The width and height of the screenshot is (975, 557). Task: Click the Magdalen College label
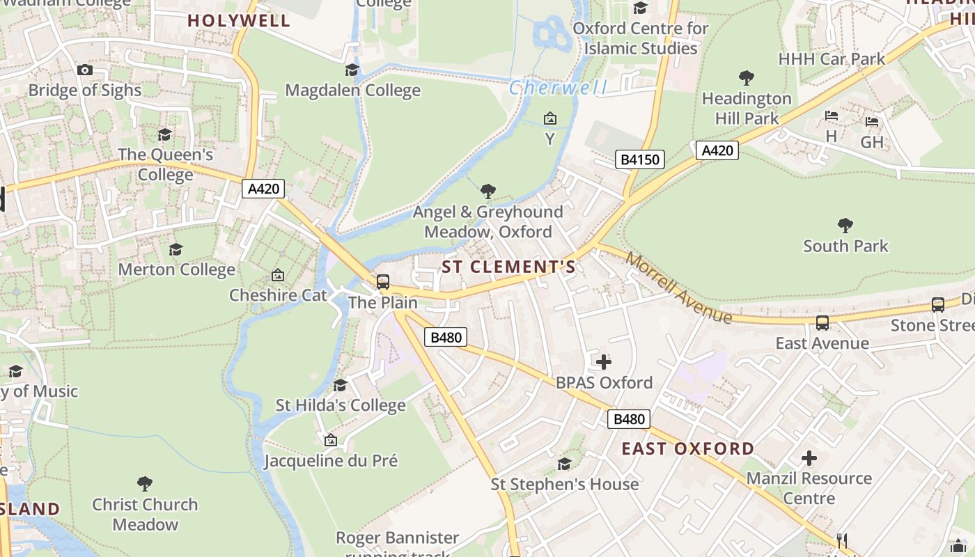(x=352, y=91)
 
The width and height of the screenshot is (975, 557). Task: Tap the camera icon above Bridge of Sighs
(x=85, y=70)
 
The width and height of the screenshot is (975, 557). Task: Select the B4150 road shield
(x=640, y=160)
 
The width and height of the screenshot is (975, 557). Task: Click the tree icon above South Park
(x=845, y=225)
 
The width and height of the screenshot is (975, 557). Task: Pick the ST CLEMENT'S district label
(x=508, y=267)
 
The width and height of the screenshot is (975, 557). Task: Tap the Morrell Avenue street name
(x=678, y=287)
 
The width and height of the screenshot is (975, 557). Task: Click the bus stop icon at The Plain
(x=383, y=282)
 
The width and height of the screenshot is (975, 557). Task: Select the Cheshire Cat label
(x=278, y=295)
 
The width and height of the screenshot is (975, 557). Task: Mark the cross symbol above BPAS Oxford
(x=604, y=361)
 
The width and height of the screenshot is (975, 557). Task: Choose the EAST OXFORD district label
(x=687, y=448)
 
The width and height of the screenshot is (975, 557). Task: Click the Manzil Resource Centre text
(x=809, y=488)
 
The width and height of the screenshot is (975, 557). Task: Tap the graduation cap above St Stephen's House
(x=565, y=464)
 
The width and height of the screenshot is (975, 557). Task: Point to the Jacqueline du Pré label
(x=331, y=461)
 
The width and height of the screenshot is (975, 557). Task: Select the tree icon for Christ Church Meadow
(x=145, y=483)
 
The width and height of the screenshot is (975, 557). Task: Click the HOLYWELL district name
(x=238, y=20)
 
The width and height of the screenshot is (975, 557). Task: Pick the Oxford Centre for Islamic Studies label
(x=640, y=38)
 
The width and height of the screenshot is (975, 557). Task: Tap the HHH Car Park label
(x=832, y=58)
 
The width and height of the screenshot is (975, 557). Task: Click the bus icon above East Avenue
(x=822, y=322)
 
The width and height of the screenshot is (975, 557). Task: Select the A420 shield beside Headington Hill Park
(x=717, y=150)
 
